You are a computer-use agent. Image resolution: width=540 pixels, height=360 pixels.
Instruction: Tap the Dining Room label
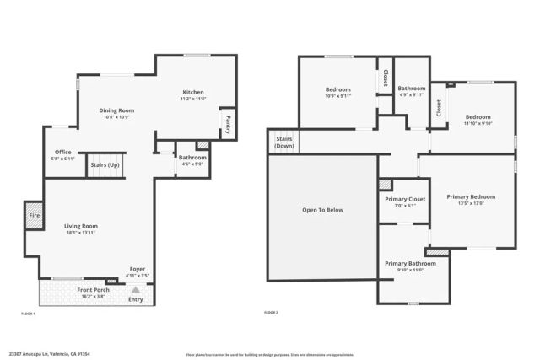coord(117,110)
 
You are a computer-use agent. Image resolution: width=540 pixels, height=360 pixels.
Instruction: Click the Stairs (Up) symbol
coord(106,165)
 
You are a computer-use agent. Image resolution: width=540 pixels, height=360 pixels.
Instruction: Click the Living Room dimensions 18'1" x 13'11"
coord(82,234)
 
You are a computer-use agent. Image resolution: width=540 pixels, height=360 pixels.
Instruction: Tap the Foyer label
coord(136,269)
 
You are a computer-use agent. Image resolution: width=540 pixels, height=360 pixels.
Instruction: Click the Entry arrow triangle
coord(136,289)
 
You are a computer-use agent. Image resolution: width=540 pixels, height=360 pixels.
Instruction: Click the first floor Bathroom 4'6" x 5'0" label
coord(192,158)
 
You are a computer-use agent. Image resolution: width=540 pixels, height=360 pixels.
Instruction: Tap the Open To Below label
coord(322,210)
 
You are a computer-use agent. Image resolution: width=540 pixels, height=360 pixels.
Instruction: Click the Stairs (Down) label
coord(283,142)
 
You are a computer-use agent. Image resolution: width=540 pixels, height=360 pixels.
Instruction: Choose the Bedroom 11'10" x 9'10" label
coord(478,117)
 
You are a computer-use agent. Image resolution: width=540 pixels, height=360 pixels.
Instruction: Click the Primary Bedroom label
coord(471,196)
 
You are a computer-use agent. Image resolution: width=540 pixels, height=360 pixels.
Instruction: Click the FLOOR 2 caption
coord(272,313)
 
